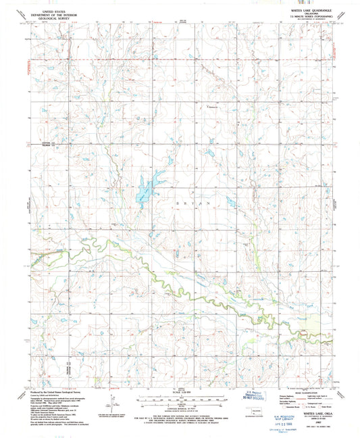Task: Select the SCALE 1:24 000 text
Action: click(x=180, y=393)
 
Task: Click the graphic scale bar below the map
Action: click(x=180, y=398)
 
